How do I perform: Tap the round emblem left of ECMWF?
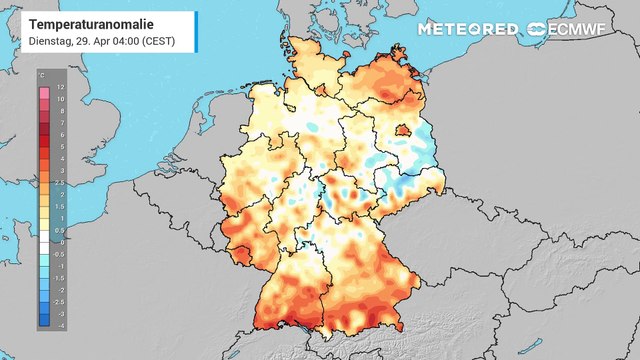point(537,29)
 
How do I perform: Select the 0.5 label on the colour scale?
point(61,230)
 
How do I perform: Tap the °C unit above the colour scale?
point(40,75)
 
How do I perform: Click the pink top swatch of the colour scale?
point(43,93)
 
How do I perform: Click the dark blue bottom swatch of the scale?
point(43,322)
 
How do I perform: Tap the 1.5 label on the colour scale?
point(61,206)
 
